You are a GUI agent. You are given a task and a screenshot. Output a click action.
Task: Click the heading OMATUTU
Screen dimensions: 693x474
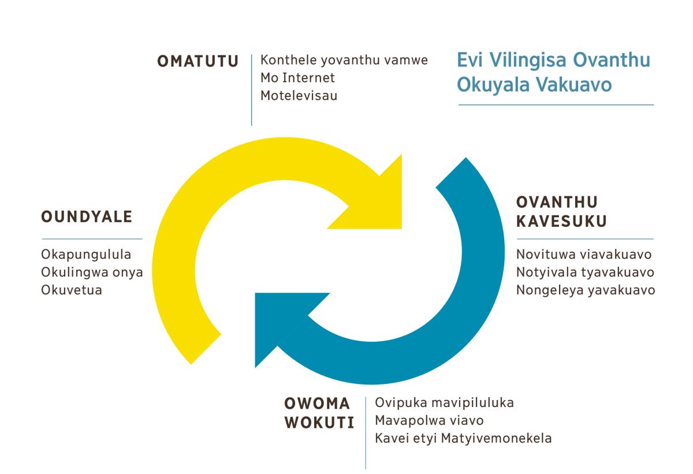click(x=198, y=61)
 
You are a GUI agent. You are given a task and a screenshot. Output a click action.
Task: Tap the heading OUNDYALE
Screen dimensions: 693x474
click(x=87, y=217)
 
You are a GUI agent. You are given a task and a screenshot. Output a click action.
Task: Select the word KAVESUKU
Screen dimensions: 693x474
click(x=561, y=221)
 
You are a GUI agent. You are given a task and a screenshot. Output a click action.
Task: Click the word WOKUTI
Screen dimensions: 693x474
click(x=319, y=423)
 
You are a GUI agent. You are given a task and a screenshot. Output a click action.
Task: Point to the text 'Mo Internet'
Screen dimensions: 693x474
click(x=297, y=77)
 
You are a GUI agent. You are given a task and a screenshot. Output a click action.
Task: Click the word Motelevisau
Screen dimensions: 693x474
click(x=299, y=95)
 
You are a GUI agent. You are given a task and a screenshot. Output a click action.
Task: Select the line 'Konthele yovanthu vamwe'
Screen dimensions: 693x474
click(x=344, y=60)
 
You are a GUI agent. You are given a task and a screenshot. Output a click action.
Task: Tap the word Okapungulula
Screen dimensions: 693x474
click(x=86, y=255)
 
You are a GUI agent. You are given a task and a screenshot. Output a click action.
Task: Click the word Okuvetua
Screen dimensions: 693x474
click(x=72, y=290)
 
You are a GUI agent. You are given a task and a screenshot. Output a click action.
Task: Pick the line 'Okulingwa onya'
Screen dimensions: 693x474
click(x=92, y=273)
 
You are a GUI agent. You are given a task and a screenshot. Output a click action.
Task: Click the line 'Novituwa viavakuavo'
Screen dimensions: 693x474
click(x=584, y=255)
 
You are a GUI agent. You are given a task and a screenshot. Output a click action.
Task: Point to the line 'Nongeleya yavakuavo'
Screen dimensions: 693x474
click(x=586, y=290)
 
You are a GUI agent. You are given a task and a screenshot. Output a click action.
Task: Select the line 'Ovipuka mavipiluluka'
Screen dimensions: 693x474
click(x=444, y=403)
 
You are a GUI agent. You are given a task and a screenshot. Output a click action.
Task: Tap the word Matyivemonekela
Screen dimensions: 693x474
click(x=496, y=438)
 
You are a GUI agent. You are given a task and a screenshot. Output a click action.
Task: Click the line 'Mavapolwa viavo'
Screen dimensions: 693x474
click(x=429, y=421)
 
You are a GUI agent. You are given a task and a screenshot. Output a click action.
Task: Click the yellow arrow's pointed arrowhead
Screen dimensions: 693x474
click(x=401, y=229)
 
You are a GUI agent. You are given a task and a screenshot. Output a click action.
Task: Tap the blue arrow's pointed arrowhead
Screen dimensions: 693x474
click(x=255, y=293)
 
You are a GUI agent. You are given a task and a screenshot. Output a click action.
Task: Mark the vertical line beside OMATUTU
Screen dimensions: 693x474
click(x=252, y=90)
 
